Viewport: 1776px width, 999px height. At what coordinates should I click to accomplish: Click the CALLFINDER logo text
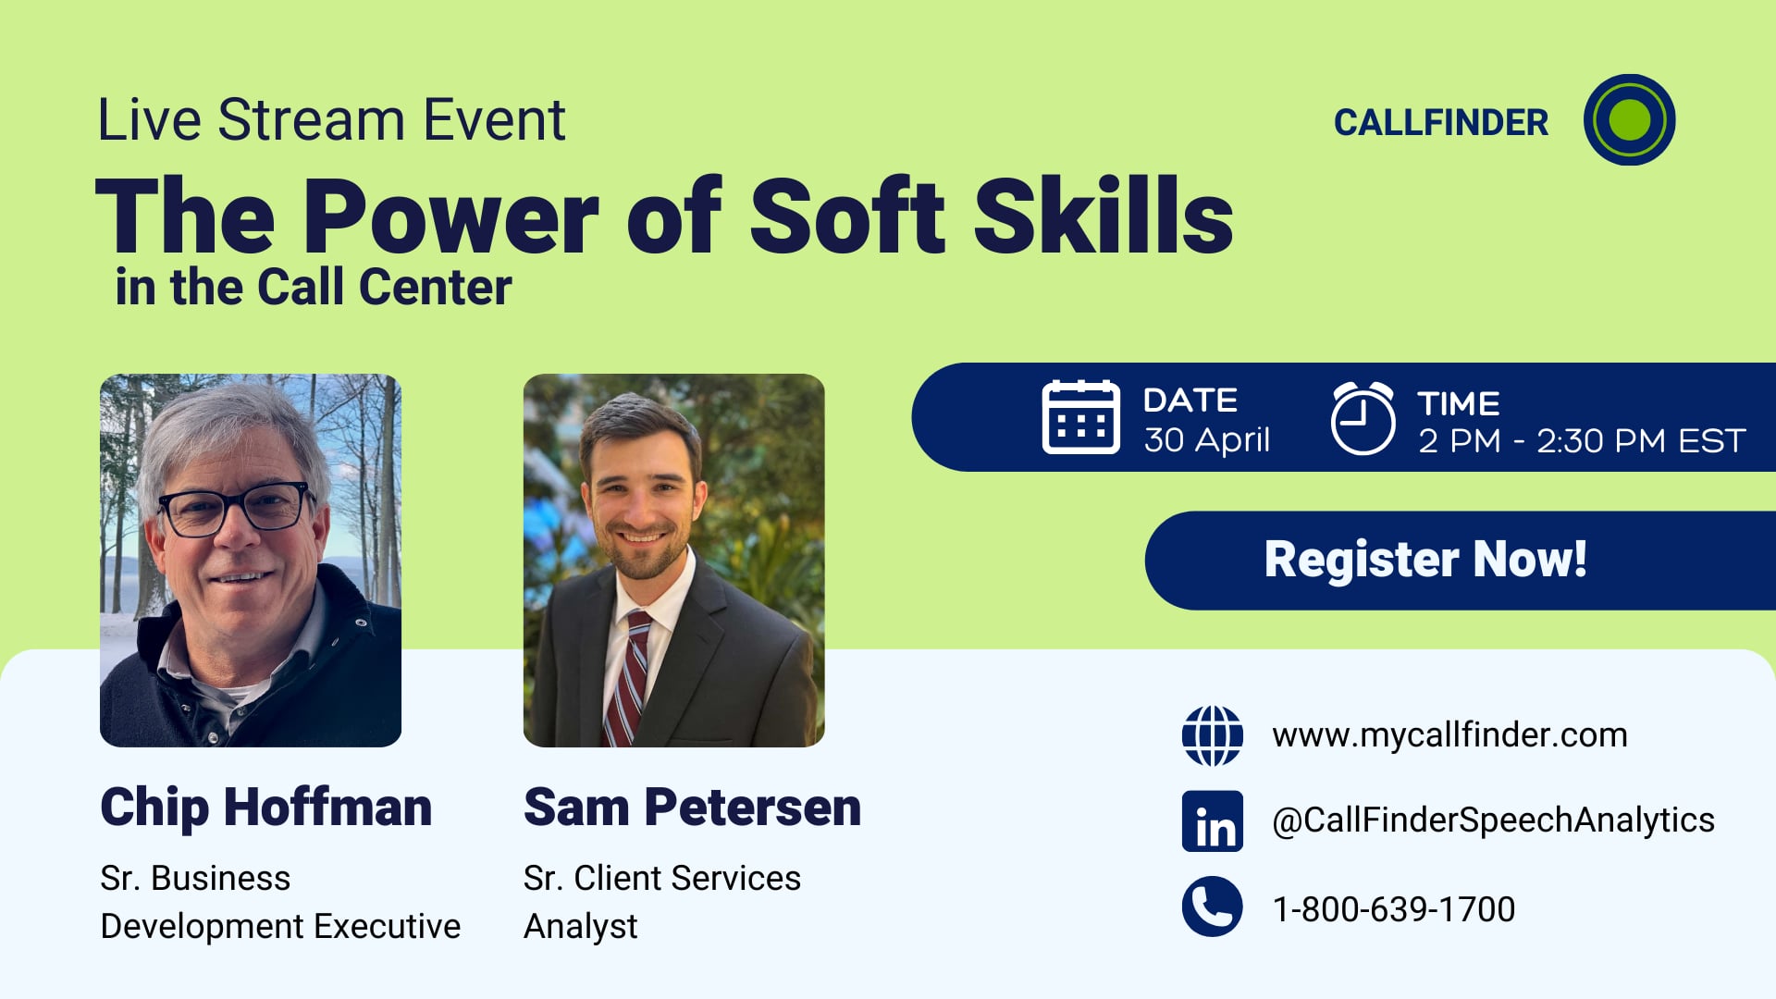(1440, 122)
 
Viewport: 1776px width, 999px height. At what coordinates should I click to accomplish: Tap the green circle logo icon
(1629, 120)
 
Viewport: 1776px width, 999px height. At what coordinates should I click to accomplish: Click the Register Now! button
(1425, 560)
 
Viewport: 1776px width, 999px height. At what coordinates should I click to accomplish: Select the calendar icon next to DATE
(1080, 417)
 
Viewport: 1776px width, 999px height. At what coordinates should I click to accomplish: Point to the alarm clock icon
(1363, 418)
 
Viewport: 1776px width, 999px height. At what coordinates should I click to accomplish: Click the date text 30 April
(1206, 440)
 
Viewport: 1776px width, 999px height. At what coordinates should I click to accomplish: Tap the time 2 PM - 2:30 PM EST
(1582, 441)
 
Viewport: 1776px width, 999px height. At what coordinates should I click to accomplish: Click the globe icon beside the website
(1212, 735)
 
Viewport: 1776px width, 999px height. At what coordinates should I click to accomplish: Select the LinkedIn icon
(1212, 821)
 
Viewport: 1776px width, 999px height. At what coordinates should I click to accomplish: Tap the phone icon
(1212, 906)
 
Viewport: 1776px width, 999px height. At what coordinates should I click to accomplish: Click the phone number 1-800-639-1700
(1393, 909)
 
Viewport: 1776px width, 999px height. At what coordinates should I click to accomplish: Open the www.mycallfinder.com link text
(1449, 735)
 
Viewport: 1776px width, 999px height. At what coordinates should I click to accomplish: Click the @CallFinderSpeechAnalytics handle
(1493, 820)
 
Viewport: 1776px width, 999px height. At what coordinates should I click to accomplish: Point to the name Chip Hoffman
(265, 807)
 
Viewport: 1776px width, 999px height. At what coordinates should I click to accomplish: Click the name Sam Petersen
(692, 807)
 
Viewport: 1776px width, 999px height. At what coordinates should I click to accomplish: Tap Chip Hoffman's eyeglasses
(236, 510)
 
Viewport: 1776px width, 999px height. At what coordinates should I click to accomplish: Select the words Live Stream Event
(331, 120)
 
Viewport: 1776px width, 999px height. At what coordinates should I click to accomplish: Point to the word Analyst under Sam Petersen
(580, 926)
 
